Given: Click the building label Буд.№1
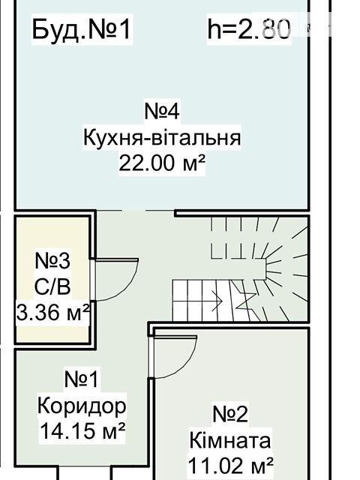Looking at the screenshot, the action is tap(82, 30).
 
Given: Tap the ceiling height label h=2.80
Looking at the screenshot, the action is tap(249, 28).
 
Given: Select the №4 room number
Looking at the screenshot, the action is tap(162, 111).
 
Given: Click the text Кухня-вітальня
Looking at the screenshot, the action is tap(162, 137).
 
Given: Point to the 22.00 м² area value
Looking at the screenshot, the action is tap(162, 163).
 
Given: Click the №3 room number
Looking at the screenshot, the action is tap(52, 261).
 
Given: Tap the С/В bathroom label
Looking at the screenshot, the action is tap(52, 286).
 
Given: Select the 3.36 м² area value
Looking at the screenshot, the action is tap(52, 312).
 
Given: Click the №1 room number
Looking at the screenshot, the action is tap(82, 379).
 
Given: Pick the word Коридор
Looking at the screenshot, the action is tap(82, 406).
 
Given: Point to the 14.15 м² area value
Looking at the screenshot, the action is tap(82, 430).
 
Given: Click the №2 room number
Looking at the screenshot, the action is tap(230, 414).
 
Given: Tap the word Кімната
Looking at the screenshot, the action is tap(230, 441).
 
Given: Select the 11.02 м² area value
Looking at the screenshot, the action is tap(230, 465).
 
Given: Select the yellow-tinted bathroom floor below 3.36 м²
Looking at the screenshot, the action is tap(52, 332).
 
